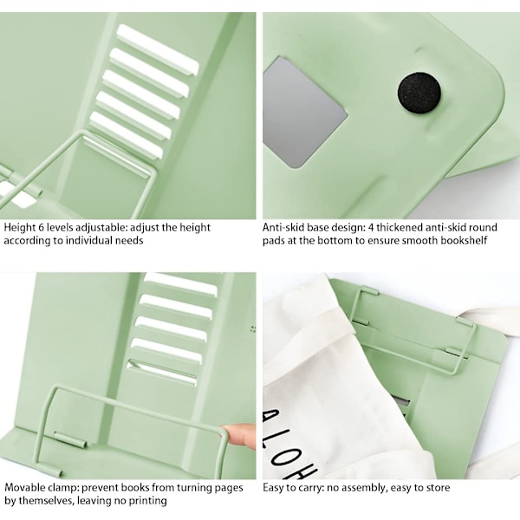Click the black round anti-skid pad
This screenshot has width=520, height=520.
pos(419,94)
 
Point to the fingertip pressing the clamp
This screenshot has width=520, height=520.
pos(239,436)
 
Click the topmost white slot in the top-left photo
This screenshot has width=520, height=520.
pos(157,49)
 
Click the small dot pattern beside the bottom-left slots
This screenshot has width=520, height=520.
pos(253,329)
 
